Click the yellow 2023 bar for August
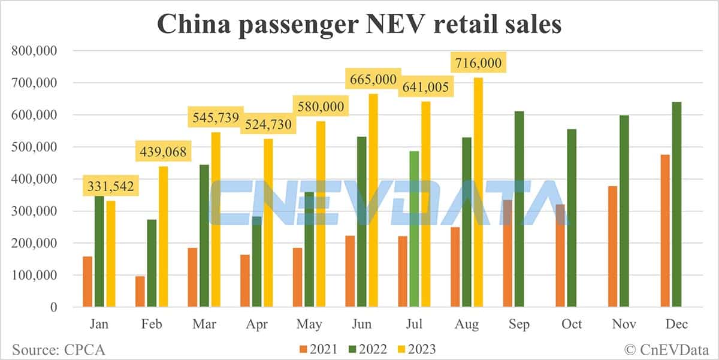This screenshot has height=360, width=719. [478, 192]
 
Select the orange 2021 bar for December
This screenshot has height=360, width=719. [665, 231]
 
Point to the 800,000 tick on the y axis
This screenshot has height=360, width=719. [34, 51]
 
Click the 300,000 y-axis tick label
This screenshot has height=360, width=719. [34, 211]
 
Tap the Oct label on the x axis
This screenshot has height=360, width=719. [572, 324]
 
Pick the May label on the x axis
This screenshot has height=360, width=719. [309, 324]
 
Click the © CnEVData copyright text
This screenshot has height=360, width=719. [666, 349]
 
